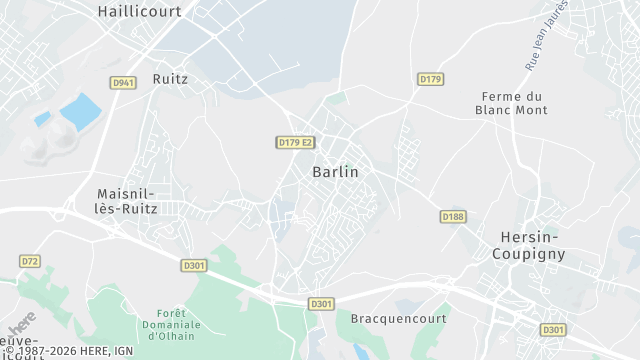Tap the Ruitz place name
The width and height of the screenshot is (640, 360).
[x=171, y=78]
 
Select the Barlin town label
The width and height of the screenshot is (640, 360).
[x=335, y=172]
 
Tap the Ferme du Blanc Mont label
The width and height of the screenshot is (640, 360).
[x=504, y=104]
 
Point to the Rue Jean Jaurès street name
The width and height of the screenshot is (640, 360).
[x=546, y=36]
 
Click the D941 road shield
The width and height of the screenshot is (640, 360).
[x=124, y=82]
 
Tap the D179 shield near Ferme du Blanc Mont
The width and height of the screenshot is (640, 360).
[x=430, y=78]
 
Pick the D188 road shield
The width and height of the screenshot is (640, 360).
[x=453, y=216]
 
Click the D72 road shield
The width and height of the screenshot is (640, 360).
[x=29, y=261]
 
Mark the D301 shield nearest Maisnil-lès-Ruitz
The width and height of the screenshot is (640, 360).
[x=194, y=265]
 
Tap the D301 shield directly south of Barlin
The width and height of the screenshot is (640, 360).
[x=321, y=303]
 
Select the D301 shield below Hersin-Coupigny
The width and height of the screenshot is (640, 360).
[x=552, y=329]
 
